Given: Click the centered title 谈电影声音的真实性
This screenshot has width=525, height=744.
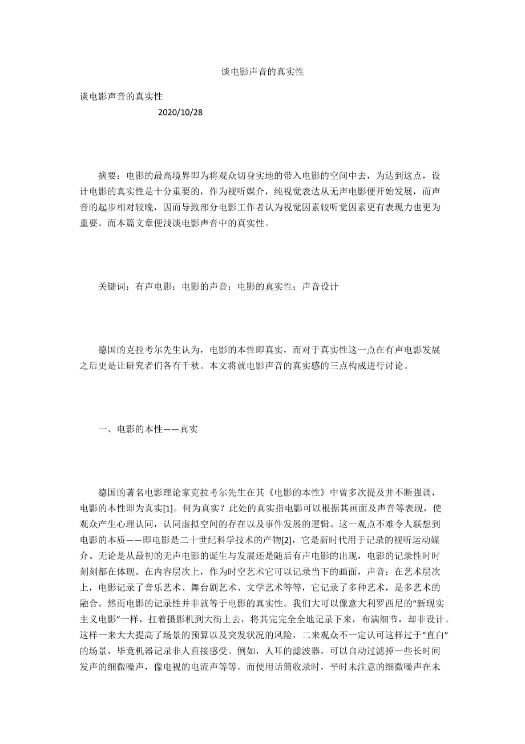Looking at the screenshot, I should pyautogui.click(x=262, y=72).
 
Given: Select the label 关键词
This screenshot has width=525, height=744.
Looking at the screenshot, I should pyautogui.click(x=112, y=287).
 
